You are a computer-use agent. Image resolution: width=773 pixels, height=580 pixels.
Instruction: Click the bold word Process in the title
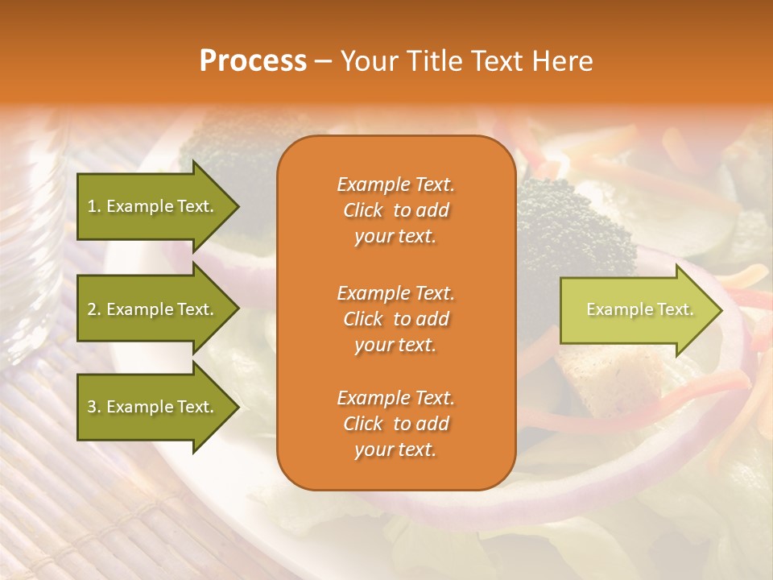pos(253,61)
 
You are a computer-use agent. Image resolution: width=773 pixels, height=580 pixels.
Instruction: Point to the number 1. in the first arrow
pos(94,206)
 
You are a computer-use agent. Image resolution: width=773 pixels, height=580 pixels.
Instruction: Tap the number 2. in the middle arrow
pos(94,309)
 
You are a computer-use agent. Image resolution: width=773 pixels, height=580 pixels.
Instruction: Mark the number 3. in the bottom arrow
pos(94,407)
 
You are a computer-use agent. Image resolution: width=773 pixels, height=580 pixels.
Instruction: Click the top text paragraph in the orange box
pos(395,210)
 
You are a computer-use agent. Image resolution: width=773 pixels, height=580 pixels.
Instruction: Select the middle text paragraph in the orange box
pos(395,319)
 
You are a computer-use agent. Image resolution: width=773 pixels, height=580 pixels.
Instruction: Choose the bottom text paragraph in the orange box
pos(395,424)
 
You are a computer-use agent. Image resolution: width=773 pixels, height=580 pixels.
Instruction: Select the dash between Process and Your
pos(323,61)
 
